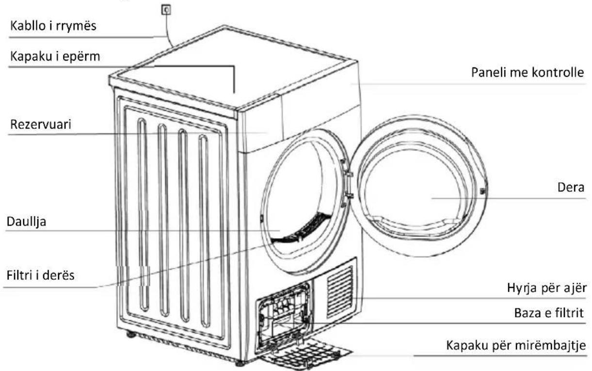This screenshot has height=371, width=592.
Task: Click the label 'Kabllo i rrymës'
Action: [x=53, y=26]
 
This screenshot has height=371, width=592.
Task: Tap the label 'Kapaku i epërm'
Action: [x=55, y=57]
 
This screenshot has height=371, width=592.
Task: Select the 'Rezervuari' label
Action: [x=41, y=124]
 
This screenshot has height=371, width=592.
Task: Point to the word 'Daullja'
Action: [x=27, y=222]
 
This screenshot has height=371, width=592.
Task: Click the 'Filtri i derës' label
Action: [x=40, y=275]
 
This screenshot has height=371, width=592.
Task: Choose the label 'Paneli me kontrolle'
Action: [x=528, y=72]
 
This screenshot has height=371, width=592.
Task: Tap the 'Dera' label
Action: [x=571, y=188]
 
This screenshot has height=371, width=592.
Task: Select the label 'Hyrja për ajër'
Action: [x=546, y=288]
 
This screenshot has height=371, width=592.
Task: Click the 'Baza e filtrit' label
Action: [x=549, y=313]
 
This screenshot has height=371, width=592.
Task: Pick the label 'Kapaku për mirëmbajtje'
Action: [x=516, y=345]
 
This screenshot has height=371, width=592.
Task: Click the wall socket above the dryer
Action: [x=166, y=10]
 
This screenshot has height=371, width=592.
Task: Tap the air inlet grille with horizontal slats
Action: [x=340, y=291]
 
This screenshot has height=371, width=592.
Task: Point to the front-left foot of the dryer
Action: [x=240, y=363]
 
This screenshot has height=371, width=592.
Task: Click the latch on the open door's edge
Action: [x=483, y=191]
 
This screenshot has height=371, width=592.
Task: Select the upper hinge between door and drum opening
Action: [x=348, y=174]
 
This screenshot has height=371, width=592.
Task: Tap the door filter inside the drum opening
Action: [x=301, y=228]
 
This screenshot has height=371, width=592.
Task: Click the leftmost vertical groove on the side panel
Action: [x=143, y=215]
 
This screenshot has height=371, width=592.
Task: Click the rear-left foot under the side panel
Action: [x=131, y=335]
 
